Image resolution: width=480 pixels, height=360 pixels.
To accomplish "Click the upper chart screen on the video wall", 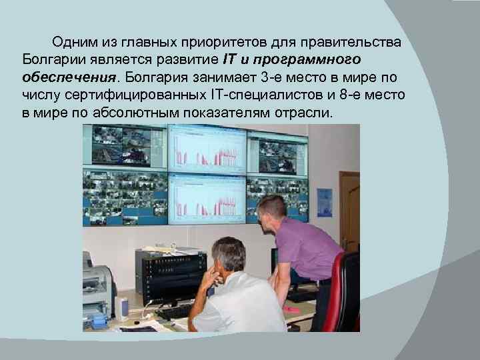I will (x=207, y=150).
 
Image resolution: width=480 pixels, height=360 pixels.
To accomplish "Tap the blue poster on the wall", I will (x=325, y=202).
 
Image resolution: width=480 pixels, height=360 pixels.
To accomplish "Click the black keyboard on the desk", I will (x=173, y=311).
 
